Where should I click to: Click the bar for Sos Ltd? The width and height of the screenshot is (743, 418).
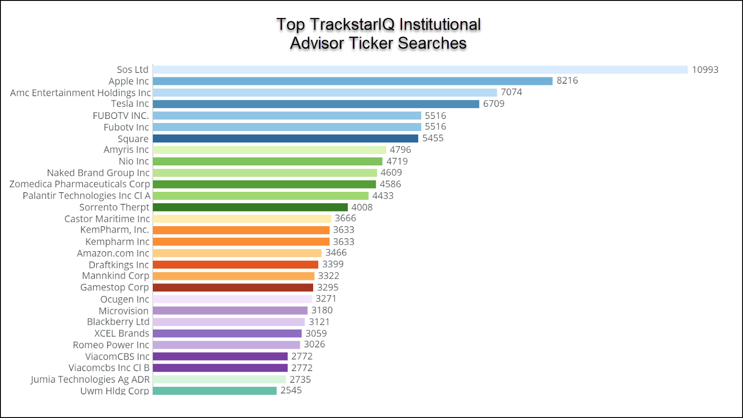coord(420,70)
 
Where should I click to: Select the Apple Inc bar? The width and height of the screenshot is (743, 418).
coord(352,81)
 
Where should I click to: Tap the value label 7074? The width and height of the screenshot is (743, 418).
coord(511,92)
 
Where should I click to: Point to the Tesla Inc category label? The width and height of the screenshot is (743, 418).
coord(130,104)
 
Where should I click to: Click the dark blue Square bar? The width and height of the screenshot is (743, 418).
coord(285,138)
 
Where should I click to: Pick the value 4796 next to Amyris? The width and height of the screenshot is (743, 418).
coord(400,150)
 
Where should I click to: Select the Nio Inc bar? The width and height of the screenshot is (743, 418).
coord(267,161)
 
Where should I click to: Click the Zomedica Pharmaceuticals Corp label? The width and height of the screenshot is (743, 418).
coord(80,184)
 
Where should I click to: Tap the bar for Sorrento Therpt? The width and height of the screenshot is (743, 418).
coord(250,207)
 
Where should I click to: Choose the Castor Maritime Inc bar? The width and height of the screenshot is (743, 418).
coord(242,218)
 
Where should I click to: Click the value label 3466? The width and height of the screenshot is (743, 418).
coord(336,253)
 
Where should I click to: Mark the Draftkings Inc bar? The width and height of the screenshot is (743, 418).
coord(235,265)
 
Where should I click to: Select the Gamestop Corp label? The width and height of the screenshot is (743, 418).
coord(115,287)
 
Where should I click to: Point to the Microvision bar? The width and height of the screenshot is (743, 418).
coord(230,310)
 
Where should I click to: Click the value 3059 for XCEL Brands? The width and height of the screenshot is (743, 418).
coord(316,333)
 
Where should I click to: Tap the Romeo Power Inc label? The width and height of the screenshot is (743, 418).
coord(111,345)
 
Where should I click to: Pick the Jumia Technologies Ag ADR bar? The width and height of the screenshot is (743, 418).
coord(219,379)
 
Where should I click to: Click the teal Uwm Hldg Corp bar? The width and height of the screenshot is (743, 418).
coord(215,391)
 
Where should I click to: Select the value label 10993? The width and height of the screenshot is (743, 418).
coord(705,70)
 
